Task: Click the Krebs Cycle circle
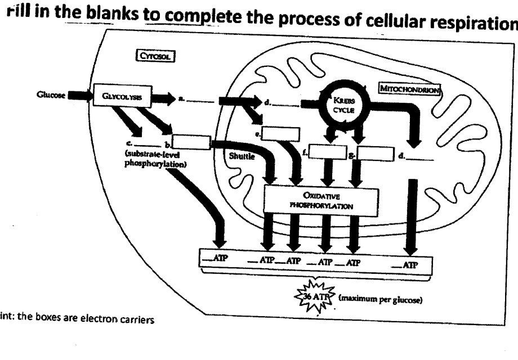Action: (x=341, y=103)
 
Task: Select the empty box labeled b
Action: (x=191, y=142)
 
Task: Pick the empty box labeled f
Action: (x=327, y=152)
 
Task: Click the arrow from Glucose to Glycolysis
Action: (x=79, y=97)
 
